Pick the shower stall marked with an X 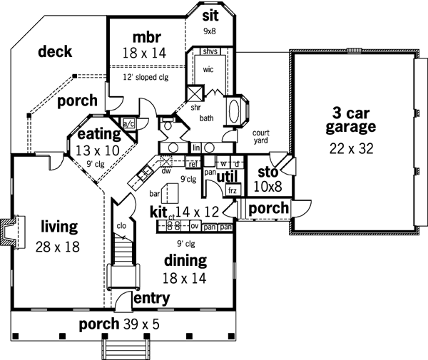[x=194, y=94]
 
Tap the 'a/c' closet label [x=129, y=123]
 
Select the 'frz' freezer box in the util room [x=232, y=190]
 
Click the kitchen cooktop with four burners [x=172, y=227]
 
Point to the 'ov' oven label [x=193, y=227]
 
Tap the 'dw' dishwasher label [x=166, y=171]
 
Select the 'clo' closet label [x=121, y=227]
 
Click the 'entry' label [x=151, y=297]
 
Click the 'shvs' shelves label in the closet [x=210, y=51]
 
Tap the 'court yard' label [x=262, y=137]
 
